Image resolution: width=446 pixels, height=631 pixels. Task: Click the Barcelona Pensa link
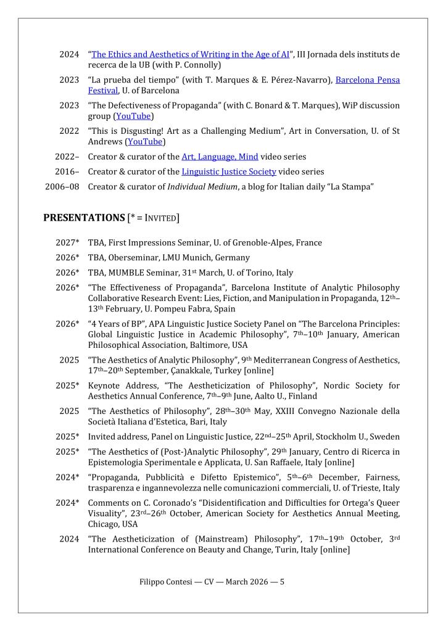[367, 80]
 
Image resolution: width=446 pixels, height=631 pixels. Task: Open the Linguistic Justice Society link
[228, 171]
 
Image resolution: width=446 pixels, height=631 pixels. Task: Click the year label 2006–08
[62, 186]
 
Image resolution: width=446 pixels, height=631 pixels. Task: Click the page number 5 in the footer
[282, 581]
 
